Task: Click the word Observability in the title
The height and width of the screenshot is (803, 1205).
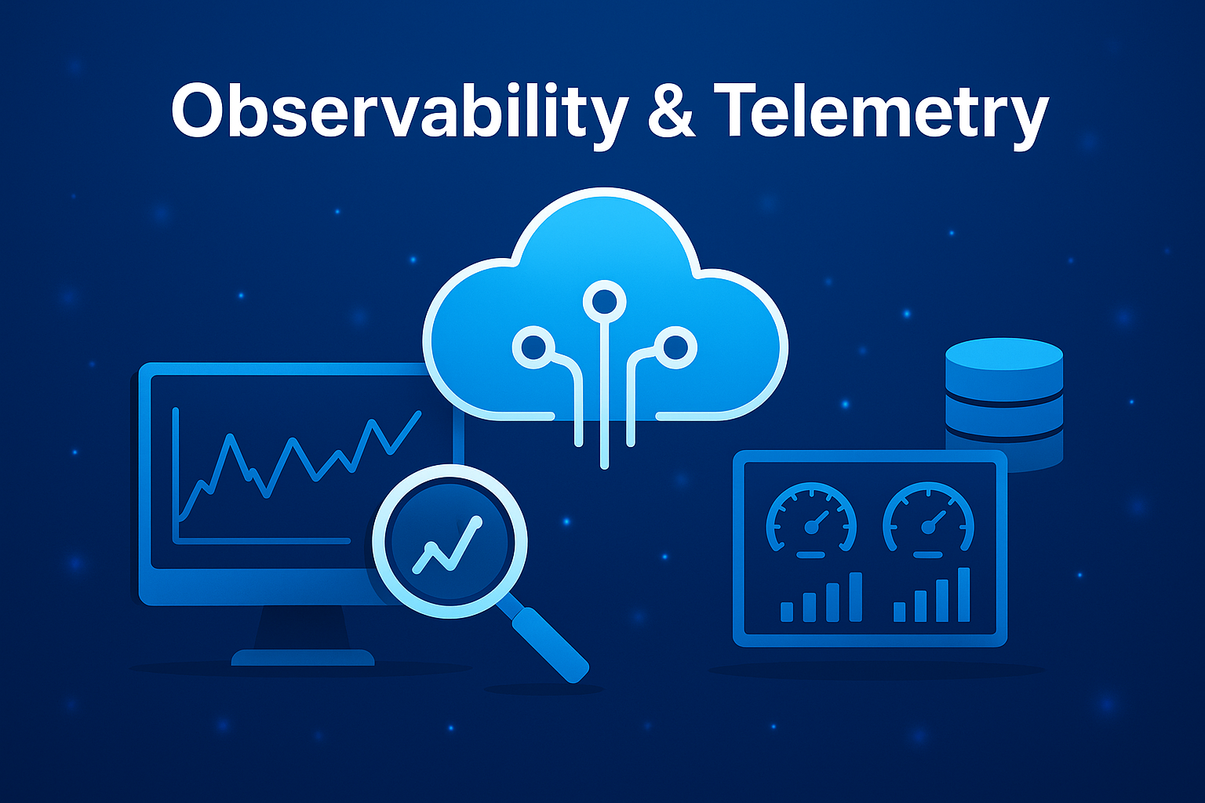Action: [399, 111]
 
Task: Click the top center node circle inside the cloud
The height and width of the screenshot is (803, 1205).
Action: [604, 300]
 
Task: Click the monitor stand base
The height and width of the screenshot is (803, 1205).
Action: [302, 657]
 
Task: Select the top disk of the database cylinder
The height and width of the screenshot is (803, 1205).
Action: [1004, 357]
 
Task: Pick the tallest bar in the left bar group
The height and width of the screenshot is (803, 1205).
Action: [855, 597]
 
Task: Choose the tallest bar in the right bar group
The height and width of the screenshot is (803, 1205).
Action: [963, 594]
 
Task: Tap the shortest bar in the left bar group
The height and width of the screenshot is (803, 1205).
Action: [787, 611]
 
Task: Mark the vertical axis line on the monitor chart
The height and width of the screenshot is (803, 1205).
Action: [176, 471]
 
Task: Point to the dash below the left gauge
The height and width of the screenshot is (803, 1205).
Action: [810, 554]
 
